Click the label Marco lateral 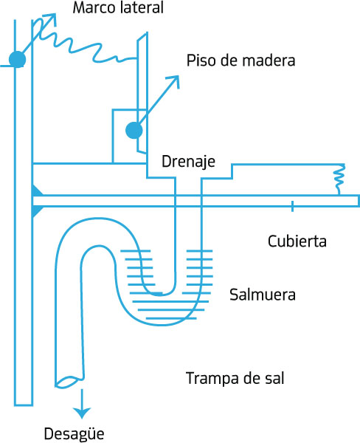[x=118, y=7]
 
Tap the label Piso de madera [x=240, y=61]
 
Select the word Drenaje [x=188, y=162]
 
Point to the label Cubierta [x=297, y=241]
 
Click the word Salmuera [x=263, y=295]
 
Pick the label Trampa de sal [x=235, y=378]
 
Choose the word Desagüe [x=74, y=433]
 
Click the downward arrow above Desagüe [x=82, y=403]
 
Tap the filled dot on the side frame [x=17, y=59]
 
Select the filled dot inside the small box [x=134, y=130]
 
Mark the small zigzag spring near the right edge [x=339, y=179]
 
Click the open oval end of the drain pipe [x=69, y=382]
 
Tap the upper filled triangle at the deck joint [x=37, y=190]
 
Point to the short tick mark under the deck [x=292, y=207]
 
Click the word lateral [x=142, y=7]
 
